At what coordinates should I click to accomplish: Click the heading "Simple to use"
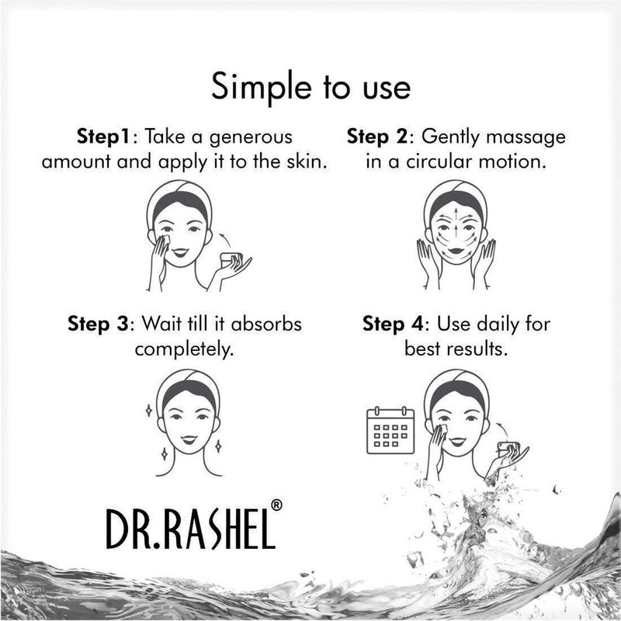click(x=310, y=87)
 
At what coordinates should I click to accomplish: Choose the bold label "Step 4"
click(x=395, y=322)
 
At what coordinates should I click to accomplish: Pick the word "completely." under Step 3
click(x=184, y=349)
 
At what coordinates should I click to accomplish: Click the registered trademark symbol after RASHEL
click(x=277, y=504)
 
